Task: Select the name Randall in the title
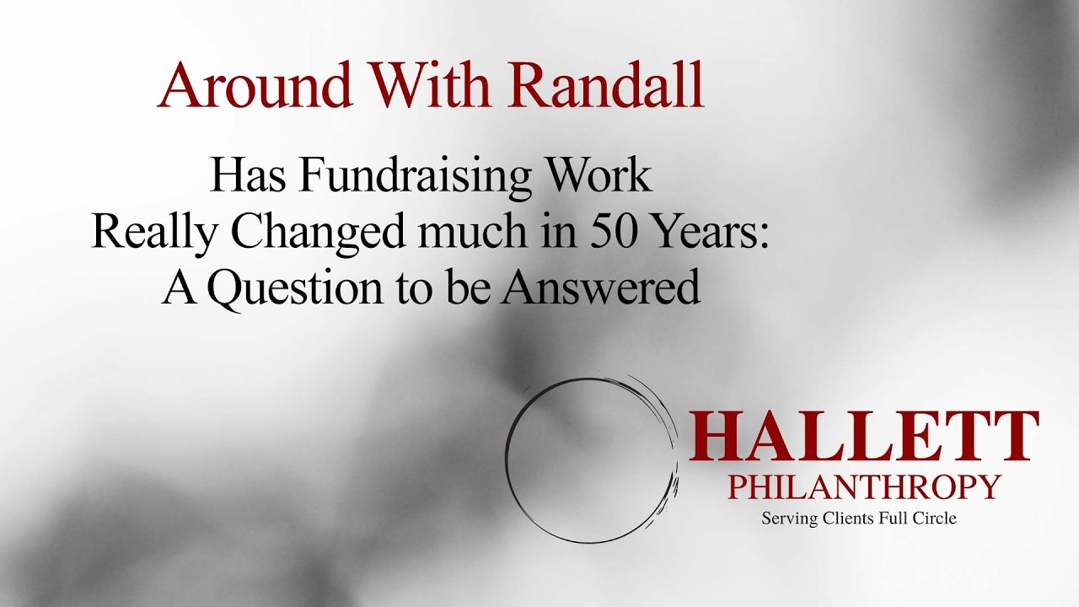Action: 607,85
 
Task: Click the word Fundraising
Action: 415,176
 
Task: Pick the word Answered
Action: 600,287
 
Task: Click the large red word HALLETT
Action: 863,437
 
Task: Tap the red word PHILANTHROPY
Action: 864,487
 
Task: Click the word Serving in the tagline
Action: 790,518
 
